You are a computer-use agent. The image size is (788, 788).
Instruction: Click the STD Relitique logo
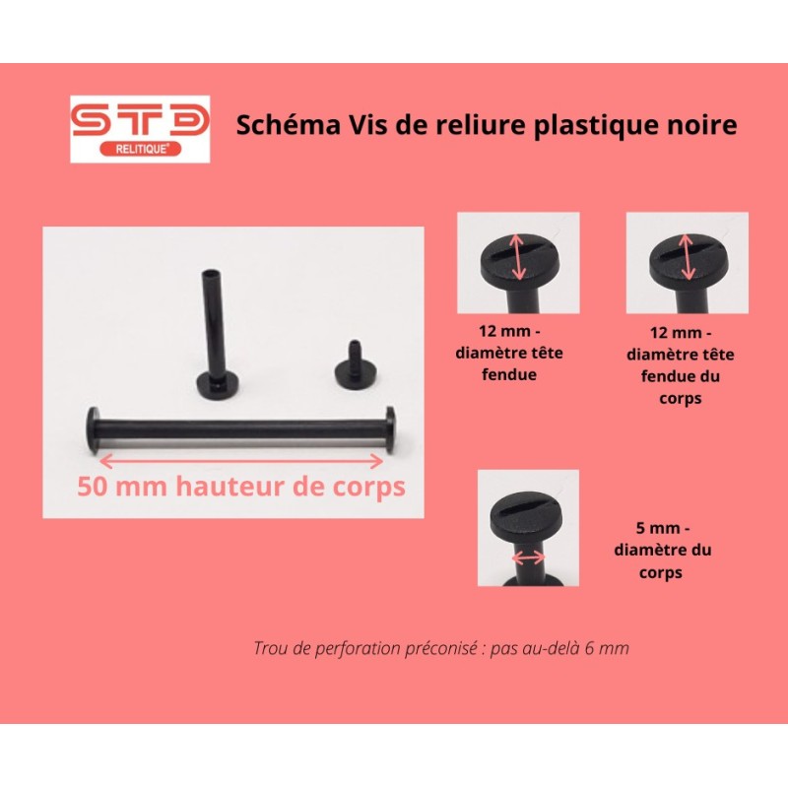(139, 129)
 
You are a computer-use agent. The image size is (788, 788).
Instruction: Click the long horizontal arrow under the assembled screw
(241, 458)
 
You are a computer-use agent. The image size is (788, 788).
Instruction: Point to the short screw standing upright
(353, 364)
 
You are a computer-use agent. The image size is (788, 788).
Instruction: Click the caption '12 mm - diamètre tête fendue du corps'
(688, 362)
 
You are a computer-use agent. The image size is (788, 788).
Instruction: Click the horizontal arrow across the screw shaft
(529, 558)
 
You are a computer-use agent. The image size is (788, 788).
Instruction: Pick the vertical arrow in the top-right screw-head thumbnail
(689, 257)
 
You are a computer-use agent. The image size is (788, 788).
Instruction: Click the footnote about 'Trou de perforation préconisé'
(440, 648)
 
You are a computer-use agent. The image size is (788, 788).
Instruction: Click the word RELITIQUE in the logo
(139, 149)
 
